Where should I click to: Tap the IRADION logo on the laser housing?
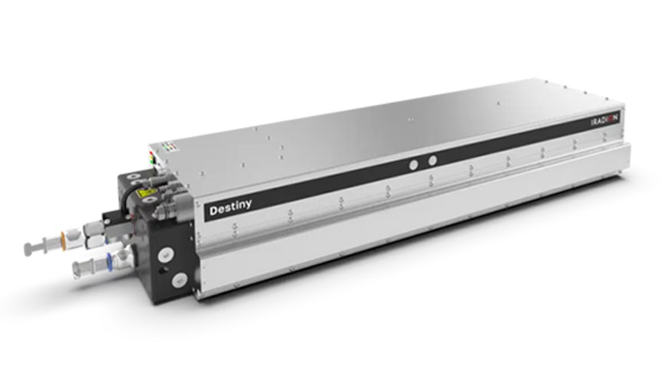coord(609,123)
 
